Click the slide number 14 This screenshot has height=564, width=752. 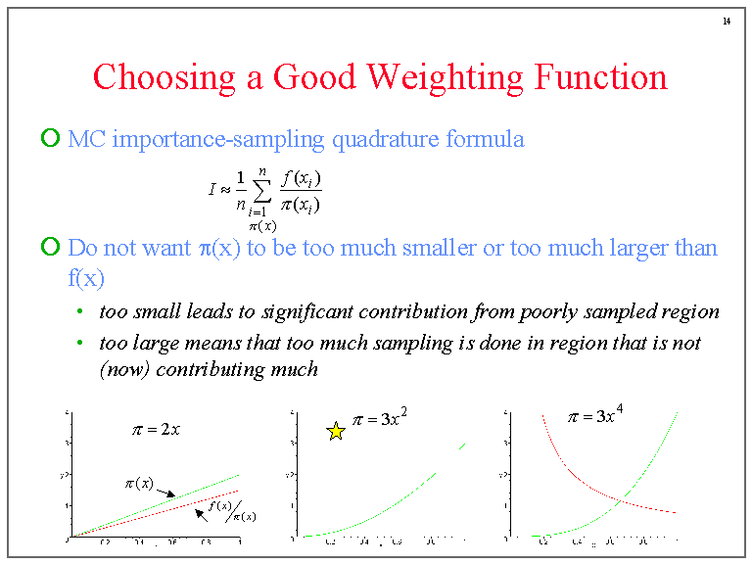(x=727, y=22)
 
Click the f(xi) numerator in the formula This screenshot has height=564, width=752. (x=301, y=180)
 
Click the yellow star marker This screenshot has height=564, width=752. (x=336, y=431)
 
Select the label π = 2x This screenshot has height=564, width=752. (x=156, y=429)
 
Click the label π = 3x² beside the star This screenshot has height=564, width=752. (x=380, y=419)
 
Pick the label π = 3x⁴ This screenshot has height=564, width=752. (x=595, y=415)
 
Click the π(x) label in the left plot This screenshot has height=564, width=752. (x=138, y=483)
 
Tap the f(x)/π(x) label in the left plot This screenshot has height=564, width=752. (x=233, y=511)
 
